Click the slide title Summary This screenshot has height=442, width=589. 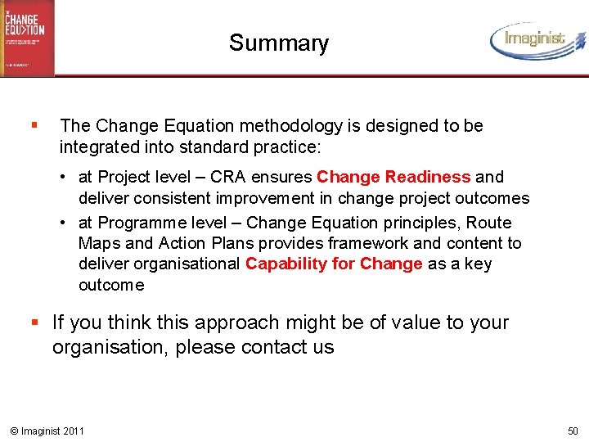point(278,43)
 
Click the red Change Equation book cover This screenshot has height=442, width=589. point(27,37)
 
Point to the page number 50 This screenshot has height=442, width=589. point(572,431)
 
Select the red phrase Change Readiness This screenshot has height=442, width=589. point(393,177)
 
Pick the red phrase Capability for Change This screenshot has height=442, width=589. point(334,264)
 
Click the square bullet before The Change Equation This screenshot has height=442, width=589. point(33,126)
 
